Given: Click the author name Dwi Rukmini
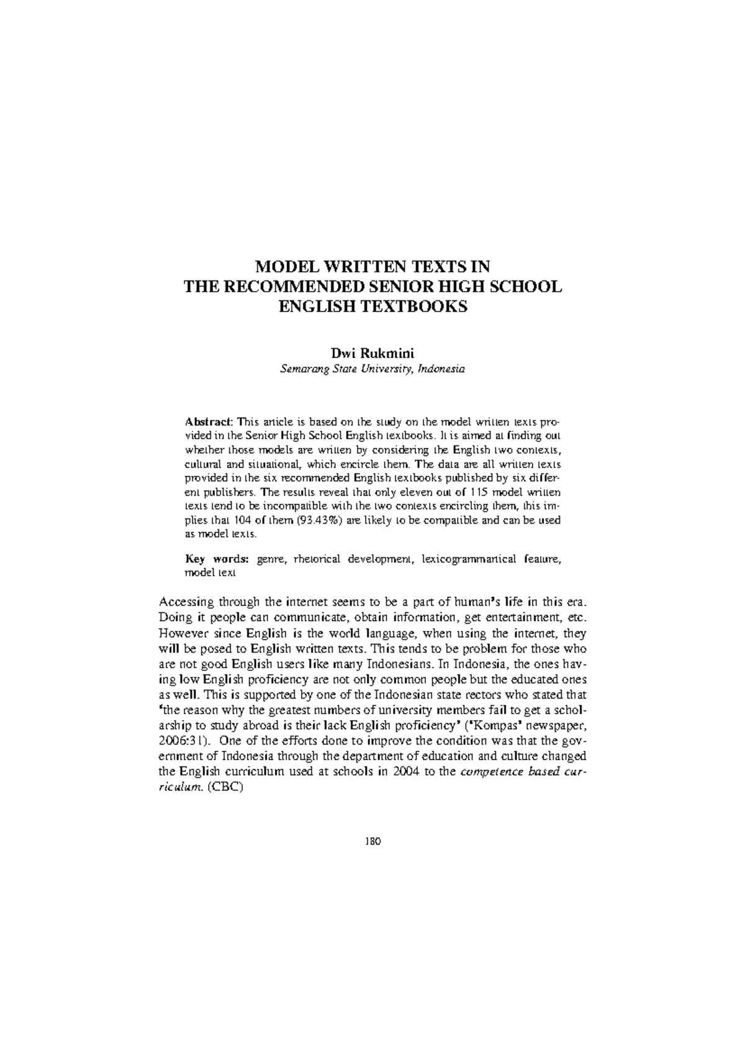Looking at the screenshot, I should point(372,354).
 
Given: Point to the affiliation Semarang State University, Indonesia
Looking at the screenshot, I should point(372,369).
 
